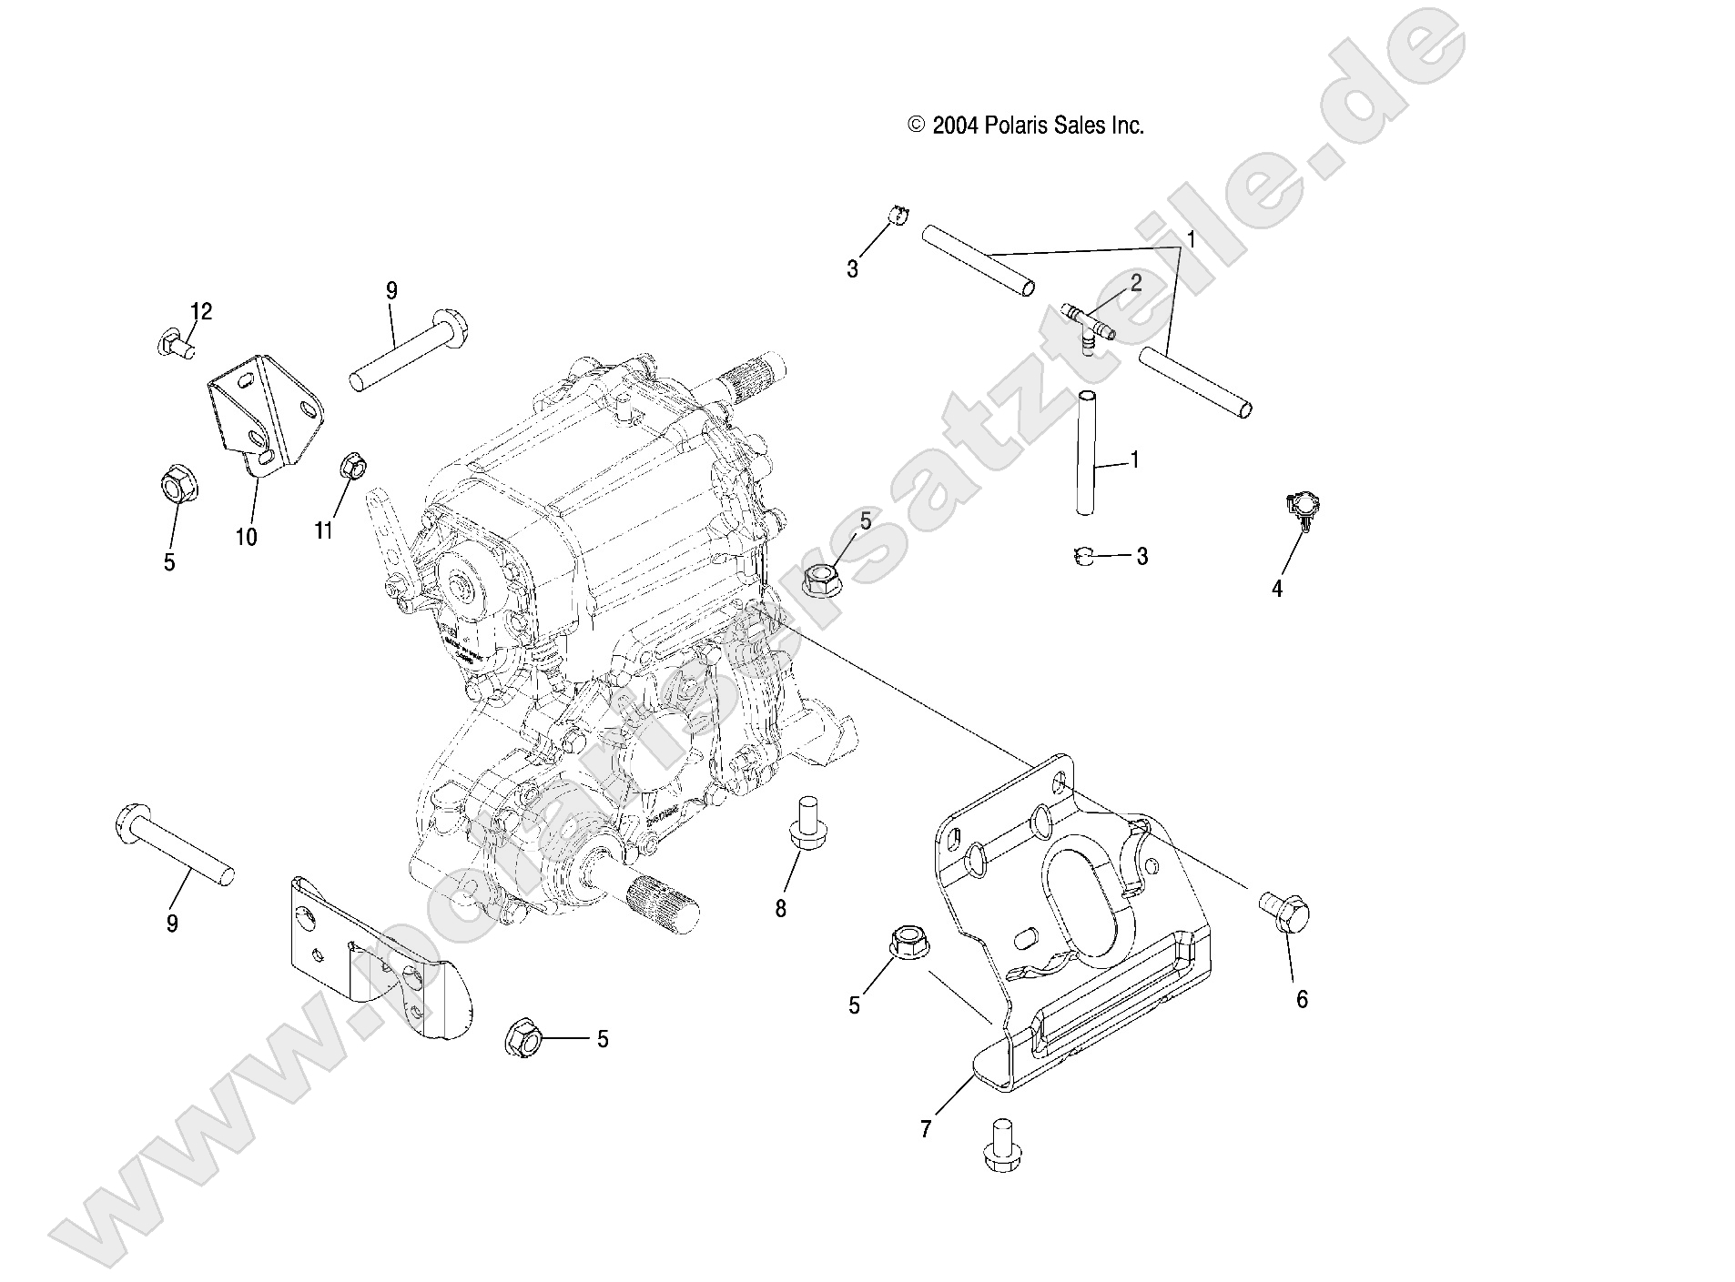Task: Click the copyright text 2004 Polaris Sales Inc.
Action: [1025, 126]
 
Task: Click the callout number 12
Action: [200, 312]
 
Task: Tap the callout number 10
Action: [246, 537]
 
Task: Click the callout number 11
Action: [324, 530]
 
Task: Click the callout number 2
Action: [1135, 283]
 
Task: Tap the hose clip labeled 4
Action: [1304, 512]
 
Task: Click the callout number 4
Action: [1276, 590]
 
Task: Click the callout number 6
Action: [1302, 1000]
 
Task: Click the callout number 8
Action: [780, 909]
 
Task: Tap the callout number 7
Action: [925, 1129]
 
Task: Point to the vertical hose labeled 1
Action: [1084, 452]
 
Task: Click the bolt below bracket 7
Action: [1001, 1143]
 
